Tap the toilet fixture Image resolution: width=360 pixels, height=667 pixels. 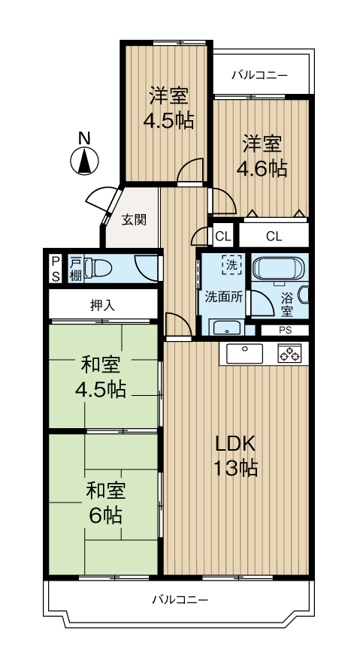pos(98,268)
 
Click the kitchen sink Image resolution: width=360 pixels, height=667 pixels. pos(244,354)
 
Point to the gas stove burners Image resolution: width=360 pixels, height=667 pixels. pos(289,354)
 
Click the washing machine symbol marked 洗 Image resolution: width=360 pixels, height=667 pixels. pos(231,264)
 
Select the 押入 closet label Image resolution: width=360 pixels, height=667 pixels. pos(102,305)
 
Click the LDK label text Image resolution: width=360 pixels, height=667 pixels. pos(235,445)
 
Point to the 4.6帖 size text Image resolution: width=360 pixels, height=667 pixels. pos(262,169)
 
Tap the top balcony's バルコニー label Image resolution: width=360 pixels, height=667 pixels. pos(259,76)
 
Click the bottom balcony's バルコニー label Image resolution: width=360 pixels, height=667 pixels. pos(180,600)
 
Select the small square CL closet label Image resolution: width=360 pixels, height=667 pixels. pos(222,237)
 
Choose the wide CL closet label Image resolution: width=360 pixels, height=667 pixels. pos(274,237)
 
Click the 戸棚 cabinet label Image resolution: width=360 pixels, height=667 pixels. pos(75,268)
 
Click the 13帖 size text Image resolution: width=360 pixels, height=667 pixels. pos(235,469)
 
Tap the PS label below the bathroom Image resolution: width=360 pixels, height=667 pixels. pos(285,330)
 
